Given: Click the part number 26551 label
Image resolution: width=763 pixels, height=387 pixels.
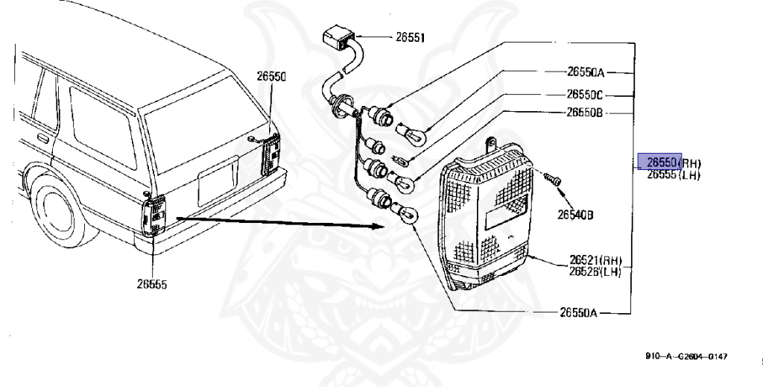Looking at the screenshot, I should tap(408, 37).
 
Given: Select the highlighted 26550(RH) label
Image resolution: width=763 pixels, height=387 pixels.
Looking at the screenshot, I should tap(670, 163).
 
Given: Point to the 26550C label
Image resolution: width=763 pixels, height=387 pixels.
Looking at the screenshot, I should tap(585, 95).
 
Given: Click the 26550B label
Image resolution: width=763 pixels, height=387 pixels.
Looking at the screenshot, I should tap(584, 113).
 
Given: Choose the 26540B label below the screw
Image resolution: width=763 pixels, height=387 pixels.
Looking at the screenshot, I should tap(575, 215).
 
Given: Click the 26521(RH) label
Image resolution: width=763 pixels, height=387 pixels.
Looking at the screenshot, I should tap(595, 260).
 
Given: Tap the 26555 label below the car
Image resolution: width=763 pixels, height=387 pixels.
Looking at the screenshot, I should tap(153, 283).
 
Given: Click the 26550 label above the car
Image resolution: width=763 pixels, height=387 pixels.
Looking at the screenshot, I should tap(272, 76).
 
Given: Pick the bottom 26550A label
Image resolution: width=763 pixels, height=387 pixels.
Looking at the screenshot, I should tap(579, 312).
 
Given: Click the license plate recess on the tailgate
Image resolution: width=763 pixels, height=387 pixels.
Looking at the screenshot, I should tap(217, 183).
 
